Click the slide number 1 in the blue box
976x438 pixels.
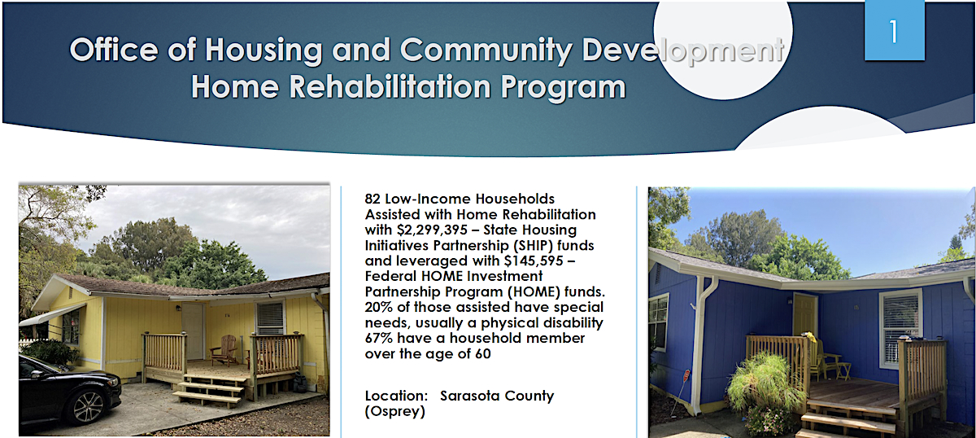pyautogui.click(x=894, y=32)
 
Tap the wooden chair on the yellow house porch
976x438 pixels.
pyautogui.click(x=225, y=350)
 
